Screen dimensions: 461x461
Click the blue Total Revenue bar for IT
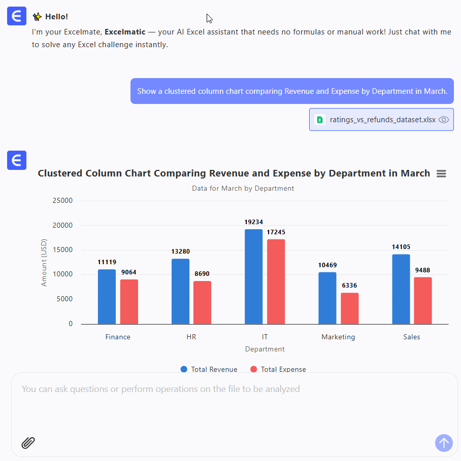pos(253,276)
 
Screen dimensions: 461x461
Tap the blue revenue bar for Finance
pos(107,297)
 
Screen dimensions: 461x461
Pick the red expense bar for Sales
pos(423,300)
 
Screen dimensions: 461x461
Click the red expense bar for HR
pos(202,302)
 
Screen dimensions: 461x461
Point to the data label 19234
pos(253,222)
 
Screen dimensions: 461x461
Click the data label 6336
pos(349,286)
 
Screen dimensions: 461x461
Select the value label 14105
pos(401,247)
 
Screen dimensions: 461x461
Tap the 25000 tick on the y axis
pos(63,200)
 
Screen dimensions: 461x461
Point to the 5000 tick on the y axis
pos(65,299)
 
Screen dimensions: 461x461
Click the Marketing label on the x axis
pos(338,337)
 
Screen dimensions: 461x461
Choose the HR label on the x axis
pos(191,337)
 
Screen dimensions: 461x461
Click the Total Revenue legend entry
pos(209,369)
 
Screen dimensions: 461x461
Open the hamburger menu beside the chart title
pos(441,173)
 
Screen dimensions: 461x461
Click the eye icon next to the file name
pos(444,120)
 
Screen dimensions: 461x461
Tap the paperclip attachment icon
pos(28,443)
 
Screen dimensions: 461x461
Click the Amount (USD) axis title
pos(44,262)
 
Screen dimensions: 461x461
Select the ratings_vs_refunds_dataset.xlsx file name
pos(382,120)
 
